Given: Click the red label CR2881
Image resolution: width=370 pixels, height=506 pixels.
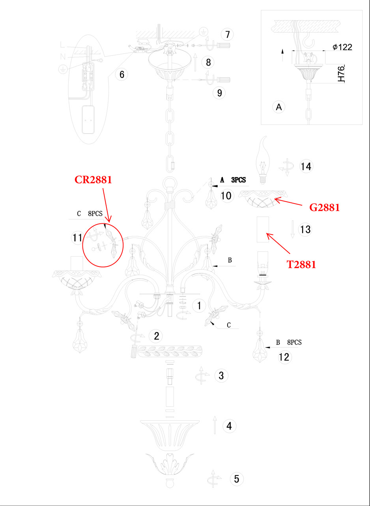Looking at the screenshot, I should click(93, 179).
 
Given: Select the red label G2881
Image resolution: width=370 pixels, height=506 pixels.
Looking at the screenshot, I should click(324, 207).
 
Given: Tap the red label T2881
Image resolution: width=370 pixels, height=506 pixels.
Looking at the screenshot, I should click(301, 264).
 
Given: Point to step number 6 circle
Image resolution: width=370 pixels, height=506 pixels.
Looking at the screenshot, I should click(121, 74).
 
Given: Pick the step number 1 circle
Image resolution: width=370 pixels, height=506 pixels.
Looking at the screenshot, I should click(200, 305).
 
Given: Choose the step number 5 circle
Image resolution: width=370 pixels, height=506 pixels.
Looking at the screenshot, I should click(236, 479).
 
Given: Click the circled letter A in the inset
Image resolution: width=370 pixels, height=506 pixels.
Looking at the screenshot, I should click(279, 107).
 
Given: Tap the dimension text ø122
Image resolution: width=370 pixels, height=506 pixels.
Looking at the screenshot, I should click(342, 47).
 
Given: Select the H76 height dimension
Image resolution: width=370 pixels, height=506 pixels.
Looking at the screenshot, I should click(342, 74).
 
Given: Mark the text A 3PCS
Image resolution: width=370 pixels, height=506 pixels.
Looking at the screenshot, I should click(233, 180).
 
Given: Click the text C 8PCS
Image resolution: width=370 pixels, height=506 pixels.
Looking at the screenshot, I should click(90, 213).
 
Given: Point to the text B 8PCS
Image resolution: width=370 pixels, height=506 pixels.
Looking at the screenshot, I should click(288, 342).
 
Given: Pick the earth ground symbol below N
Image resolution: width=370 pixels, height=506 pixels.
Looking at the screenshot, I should click(62, 69).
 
